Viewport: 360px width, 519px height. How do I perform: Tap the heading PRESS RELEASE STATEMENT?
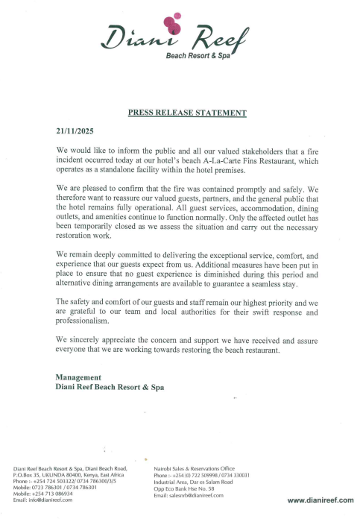click(x=187, y=113)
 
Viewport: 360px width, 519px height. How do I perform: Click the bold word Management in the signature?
click(x=78, y=377)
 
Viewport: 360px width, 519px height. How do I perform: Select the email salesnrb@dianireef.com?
click(x=198, y=494)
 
